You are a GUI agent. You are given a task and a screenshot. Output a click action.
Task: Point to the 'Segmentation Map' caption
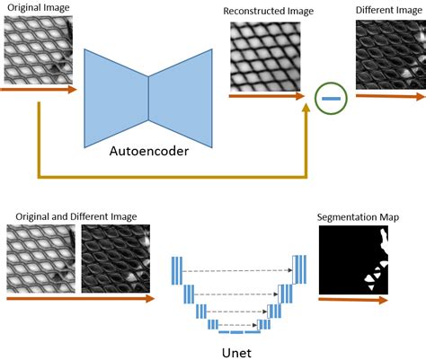359,216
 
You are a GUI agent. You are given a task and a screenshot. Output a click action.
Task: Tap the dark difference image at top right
390,53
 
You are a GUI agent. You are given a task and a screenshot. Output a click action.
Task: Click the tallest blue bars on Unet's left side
177,268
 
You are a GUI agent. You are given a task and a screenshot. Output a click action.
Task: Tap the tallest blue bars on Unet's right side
297,268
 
